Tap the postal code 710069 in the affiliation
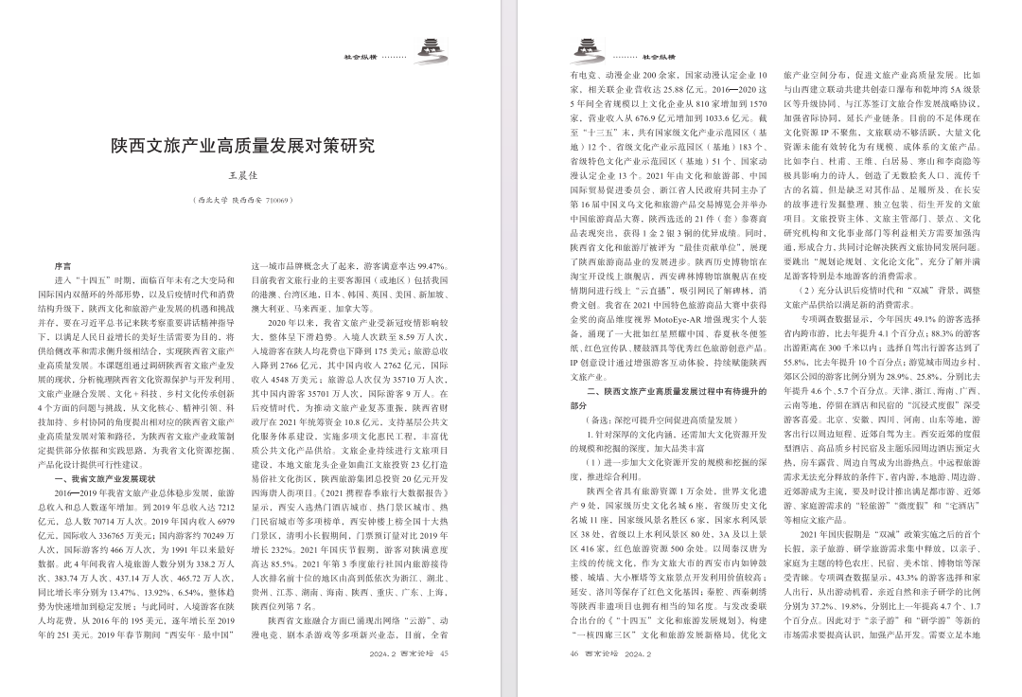coord(276,201)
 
